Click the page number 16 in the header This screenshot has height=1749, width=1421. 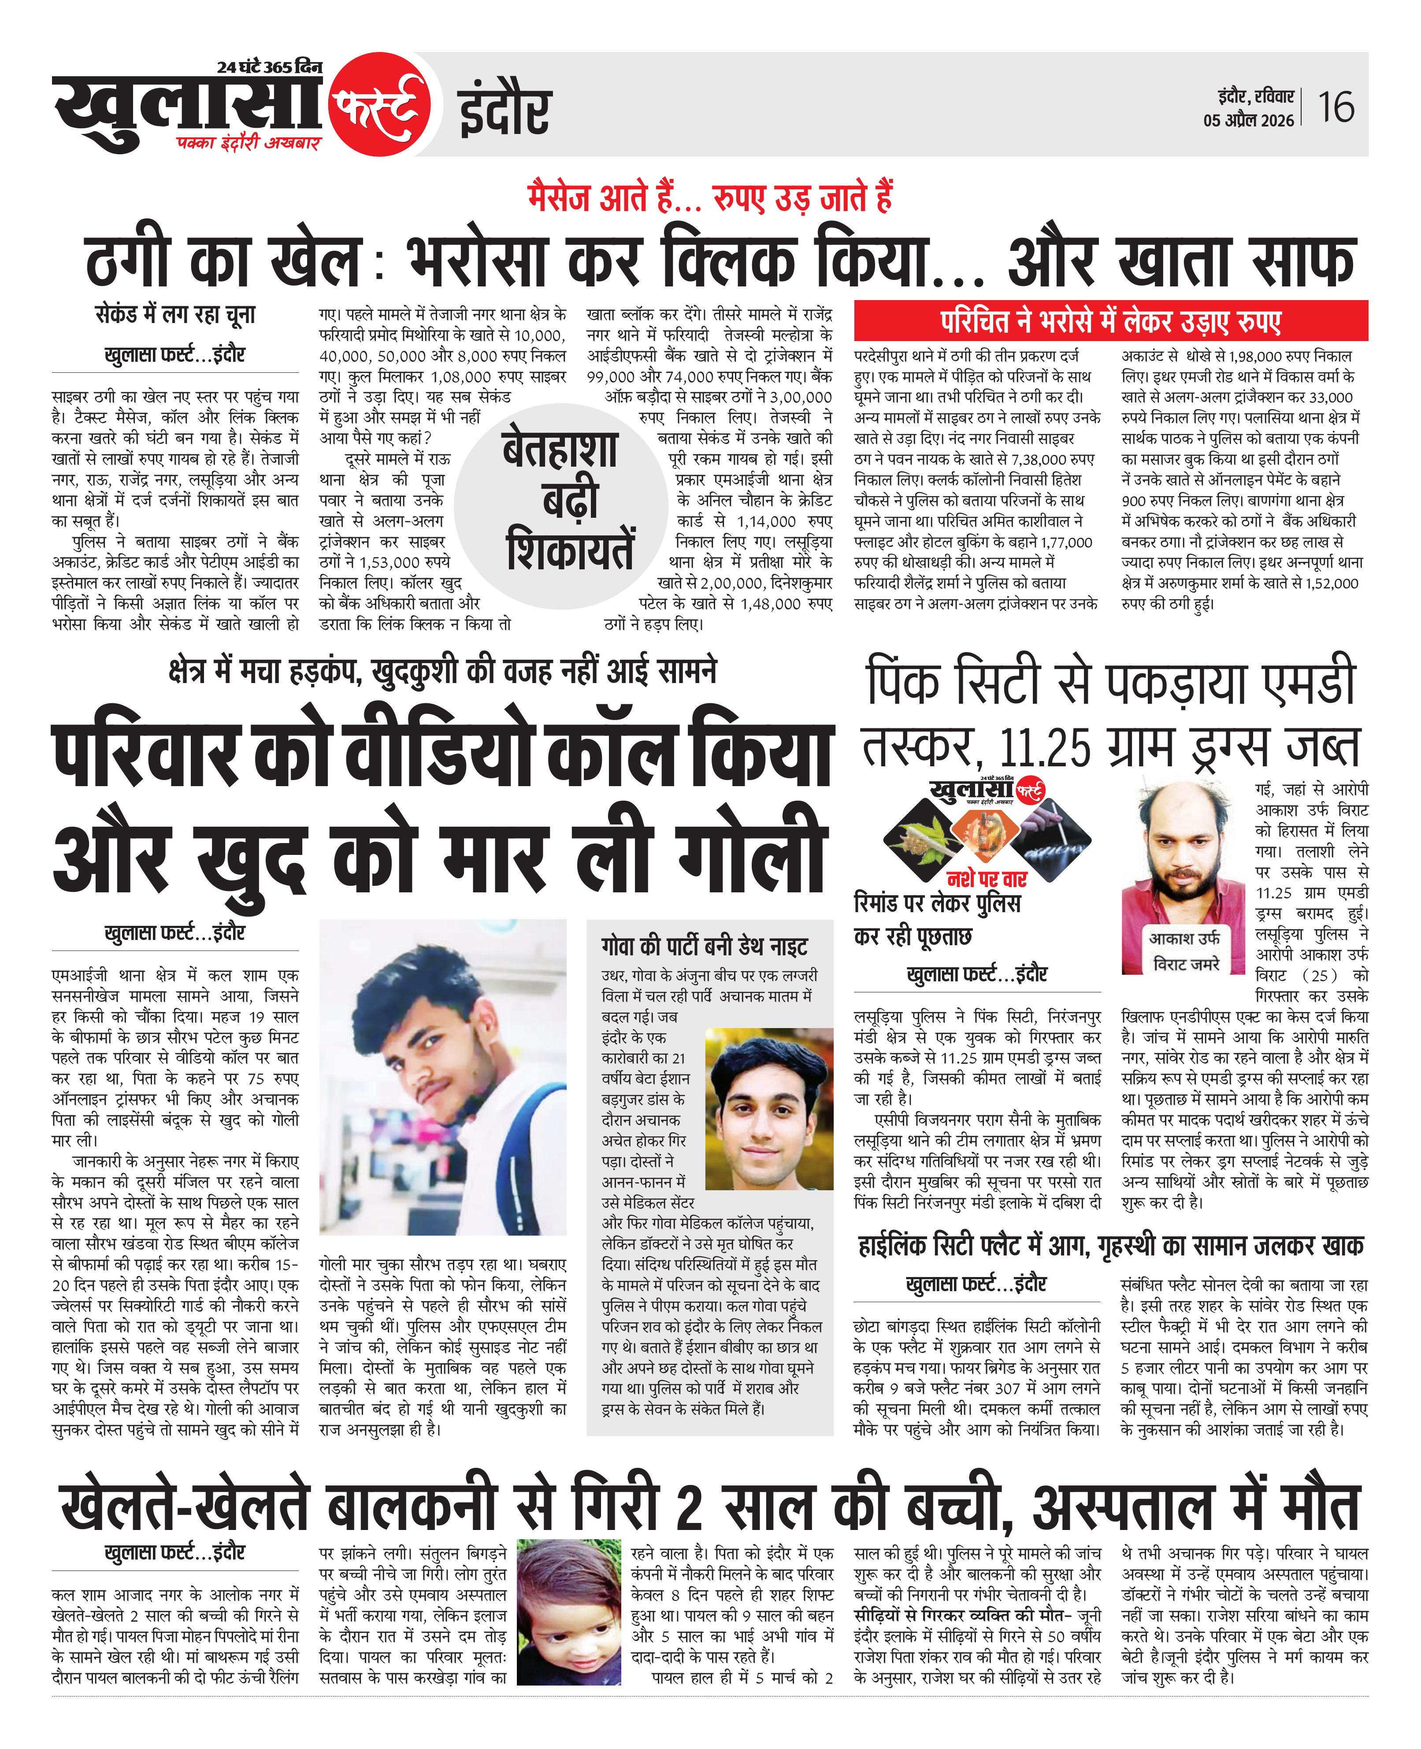click(1336, 107)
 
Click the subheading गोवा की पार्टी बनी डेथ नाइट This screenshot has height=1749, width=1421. click(704, 946)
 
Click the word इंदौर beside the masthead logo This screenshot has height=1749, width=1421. click(503, 111)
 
